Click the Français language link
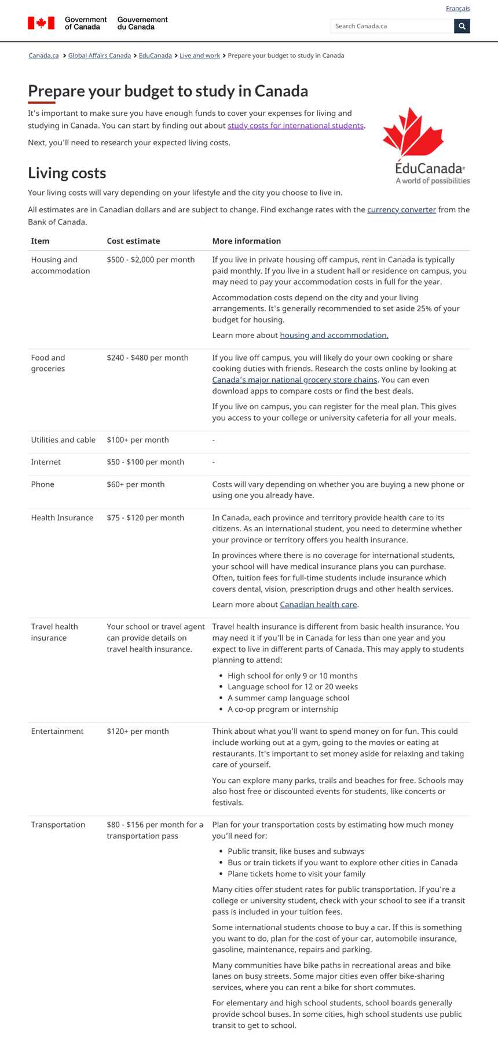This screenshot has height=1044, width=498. [457, 8]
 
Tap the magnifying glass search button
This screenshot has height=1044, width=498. [462, 26]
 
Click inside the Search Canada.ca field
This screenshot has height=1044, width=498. [391, 26]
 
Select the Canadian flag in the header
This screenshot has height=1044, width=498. [41, 23]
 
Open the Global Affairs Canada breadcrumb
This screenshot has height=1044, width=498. [99, 56]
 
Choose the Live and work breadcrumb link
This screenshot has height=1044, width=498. [199, 56]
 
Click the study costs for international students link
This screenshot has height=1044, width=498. [295, 126]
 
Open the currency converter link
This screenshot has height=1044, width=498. [401, 210]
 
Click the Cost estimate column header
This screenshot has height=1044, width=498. [133, 241]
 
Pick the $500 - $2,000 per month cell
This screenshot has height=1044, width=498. [151, 260]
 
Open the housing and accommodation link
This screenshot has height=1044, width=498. [334, 335]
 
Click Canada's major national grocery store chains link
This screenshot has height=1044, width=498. [294, 380]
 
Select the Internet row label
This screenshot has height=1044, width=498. [46, 462]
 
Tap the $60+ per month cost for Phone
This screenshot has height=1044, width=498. [136, 484]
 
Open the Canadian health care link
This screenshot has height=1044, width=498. [318, 605]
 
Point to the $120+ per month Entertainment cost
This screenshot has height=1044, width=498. [137, 731]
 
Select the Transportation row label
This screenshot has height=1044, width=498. [58, 825]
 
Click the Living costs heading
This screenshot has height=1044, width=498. [67, 173]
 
